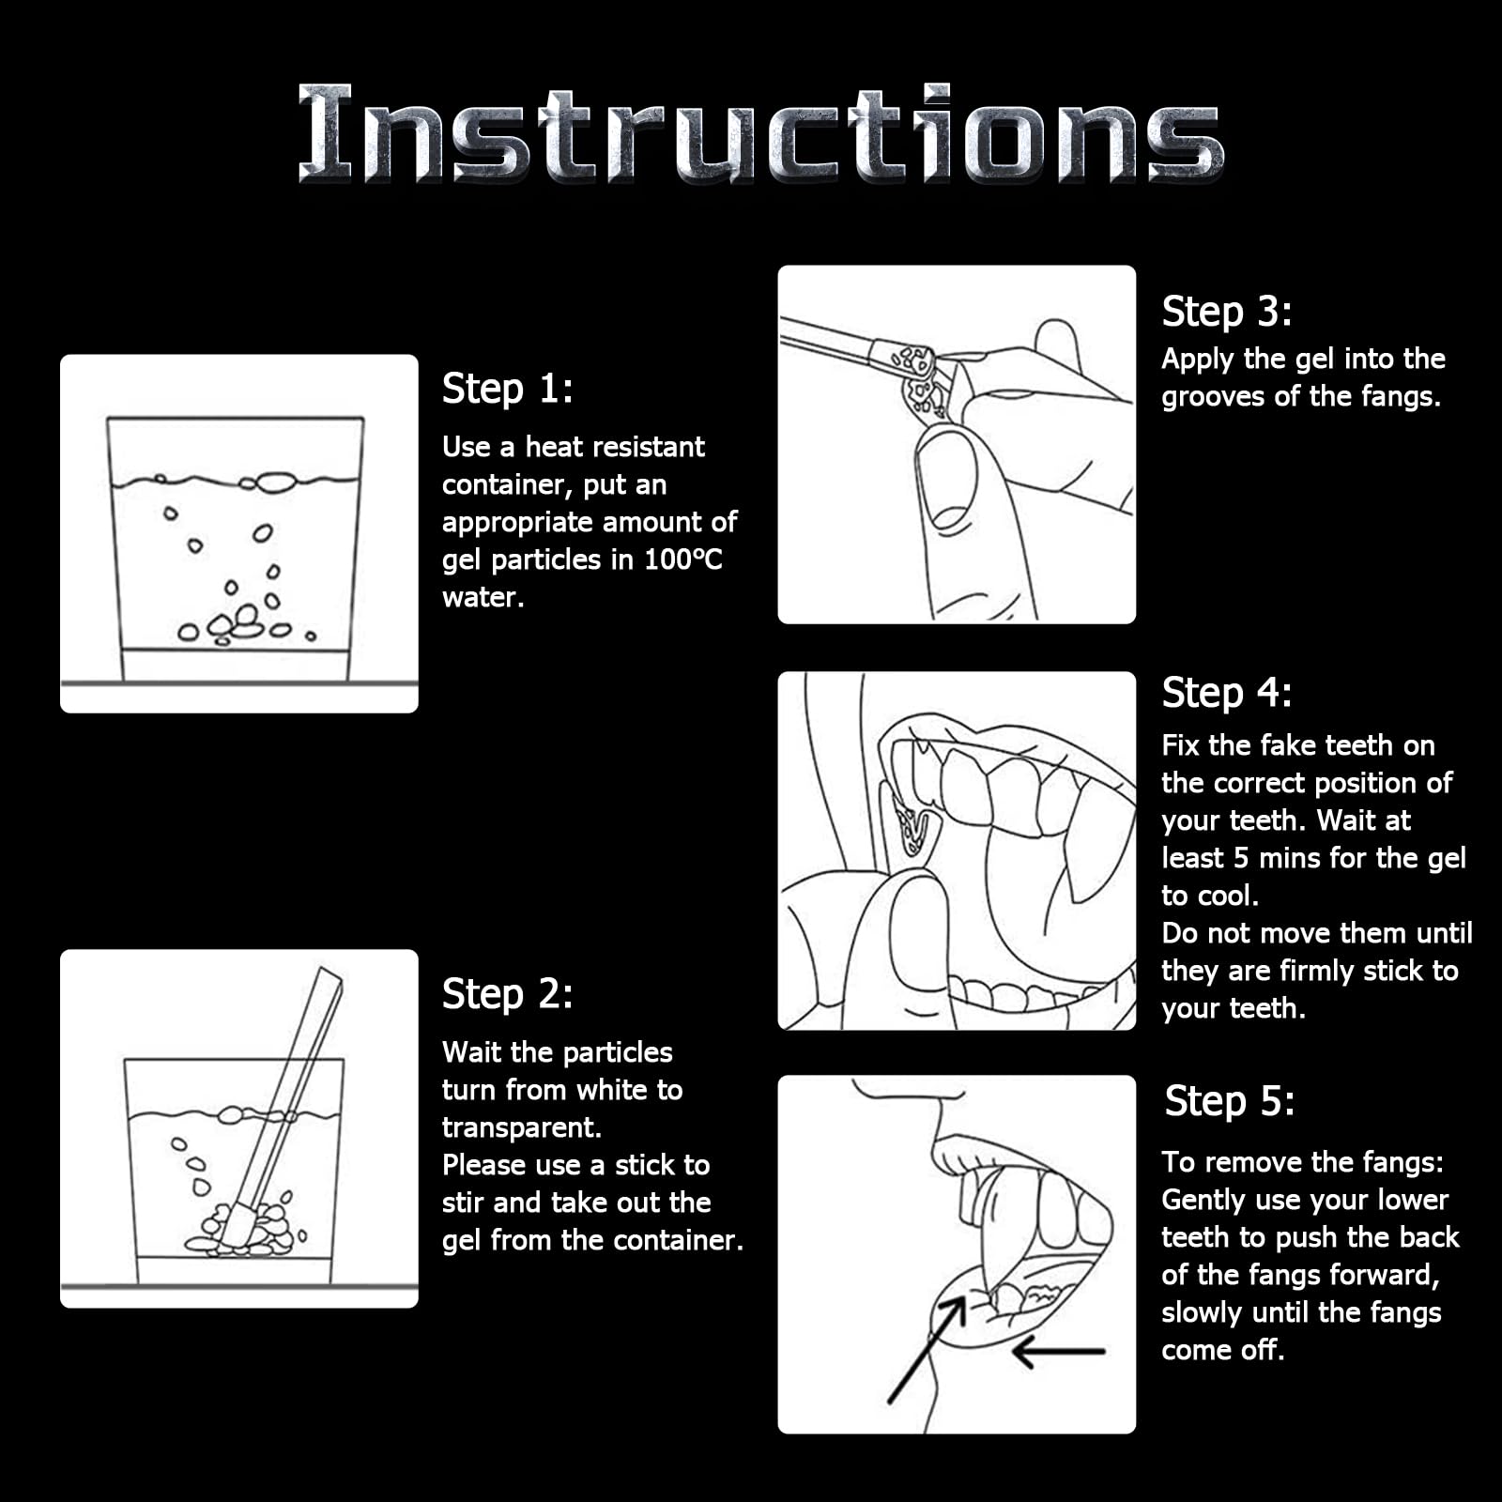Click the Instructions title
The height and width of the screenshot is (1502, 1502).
tap(760, 132)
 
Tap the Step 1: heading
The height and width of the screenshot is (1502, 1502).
tap(507, 389)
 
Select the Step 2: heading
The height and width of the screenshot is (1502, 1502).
tap(507, 994)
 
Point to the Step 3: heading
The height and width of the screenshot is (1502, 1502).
tap(1227, 312)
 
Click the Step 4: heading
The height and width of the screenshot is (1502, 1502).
tap(1227, 693)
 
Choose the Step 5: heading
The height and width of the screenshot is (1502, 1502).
tap(1230, 1101)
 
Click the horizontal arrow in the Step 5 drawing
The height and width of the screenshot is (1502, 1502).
tap(1058, 1352)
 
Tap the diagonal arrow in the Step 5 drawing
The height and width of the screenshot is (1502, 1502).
tap(927, 1350)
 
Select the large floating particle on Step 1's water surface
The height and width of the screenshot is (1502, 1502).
tap(276, 483)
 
